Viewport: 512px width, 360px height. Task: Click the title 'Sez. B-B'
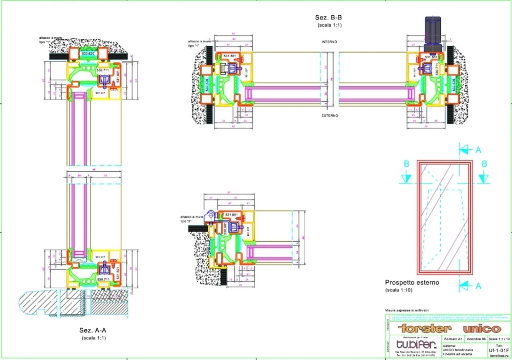click(328, 18)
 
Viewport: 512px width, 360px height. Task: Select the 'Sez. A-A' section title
click(93, 330)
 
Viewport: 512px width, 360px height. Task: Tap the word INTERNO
click(329, 42)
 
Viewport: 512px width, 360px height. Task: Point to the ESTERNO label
click(330, 115)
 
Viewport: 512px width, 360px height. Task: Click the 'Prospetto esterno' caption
click(412, 283)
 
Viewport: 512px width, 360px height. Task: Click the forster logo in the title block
click(425, 328)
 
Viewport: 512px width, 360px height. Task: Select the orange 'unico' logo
click(482, 329)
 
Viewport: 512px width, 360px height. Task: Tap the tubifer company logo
click(416, 344)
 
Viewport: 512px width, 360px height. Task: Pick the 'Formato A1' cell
click(453, 339)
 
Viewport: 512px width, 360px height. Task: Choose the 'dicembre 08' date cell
click(476, 339)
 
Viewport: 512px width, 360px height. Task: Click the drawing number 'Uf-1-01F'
click(499, 350)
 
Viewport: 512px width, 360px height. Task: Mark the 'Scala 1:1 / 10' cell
click(499, 339)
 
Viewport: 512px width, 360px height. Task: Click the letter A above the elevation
click(478, 150)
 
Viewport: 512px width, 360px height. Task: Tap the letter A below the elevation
click(478, 286)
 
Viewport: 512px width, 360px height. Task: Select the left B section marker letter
click(406, 164)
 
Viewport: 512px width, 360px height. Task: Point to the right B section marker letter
click(484, 164)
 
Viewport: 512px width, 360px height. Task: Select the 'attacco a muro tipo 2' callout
click(191, 219)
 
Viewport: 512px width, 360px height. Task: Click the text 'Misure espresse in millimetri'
click(407, 310)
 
